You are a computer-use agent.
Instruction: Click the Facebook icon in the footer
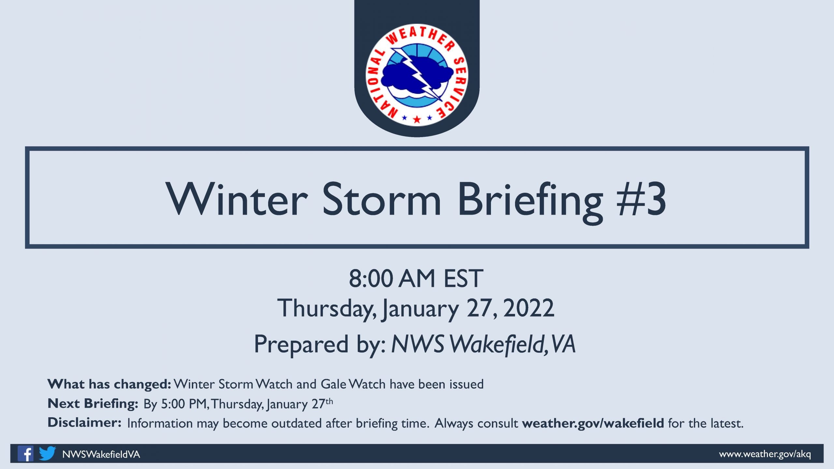tap(25, 453)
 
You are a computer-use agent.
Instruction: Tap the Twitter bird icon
tap(47, 453)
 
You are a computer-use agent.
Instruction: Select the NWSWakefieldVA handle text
tap(101, 454)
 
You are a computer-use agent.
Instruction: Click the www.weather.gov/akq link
tap(765, 454)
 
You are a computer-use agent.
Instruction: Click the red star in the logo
tap(417, 119)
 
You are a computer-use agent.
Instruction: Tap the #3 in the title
tap(641, 199)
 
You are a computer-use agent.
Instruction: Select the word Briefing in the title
tap(530, 203)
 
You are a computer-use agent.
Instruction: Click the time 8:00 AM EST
tap(416, 279)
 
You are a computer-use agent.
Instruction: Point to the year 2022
tap(528, 308)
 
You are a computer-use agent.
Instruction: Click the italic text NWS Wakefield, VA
tap(483, 344)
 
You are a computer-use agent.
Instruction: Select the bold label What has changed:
tap(109, 385)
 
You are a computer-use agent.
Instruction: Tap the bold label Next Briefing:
tap(93, 404)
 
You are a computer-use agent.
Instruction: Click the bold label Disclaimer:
tap(85, 423)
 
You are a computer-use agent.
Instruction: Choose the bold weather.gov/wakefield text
tap(593, 423)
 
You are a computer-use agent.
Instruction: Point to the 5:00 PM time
tap(184, 404)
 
